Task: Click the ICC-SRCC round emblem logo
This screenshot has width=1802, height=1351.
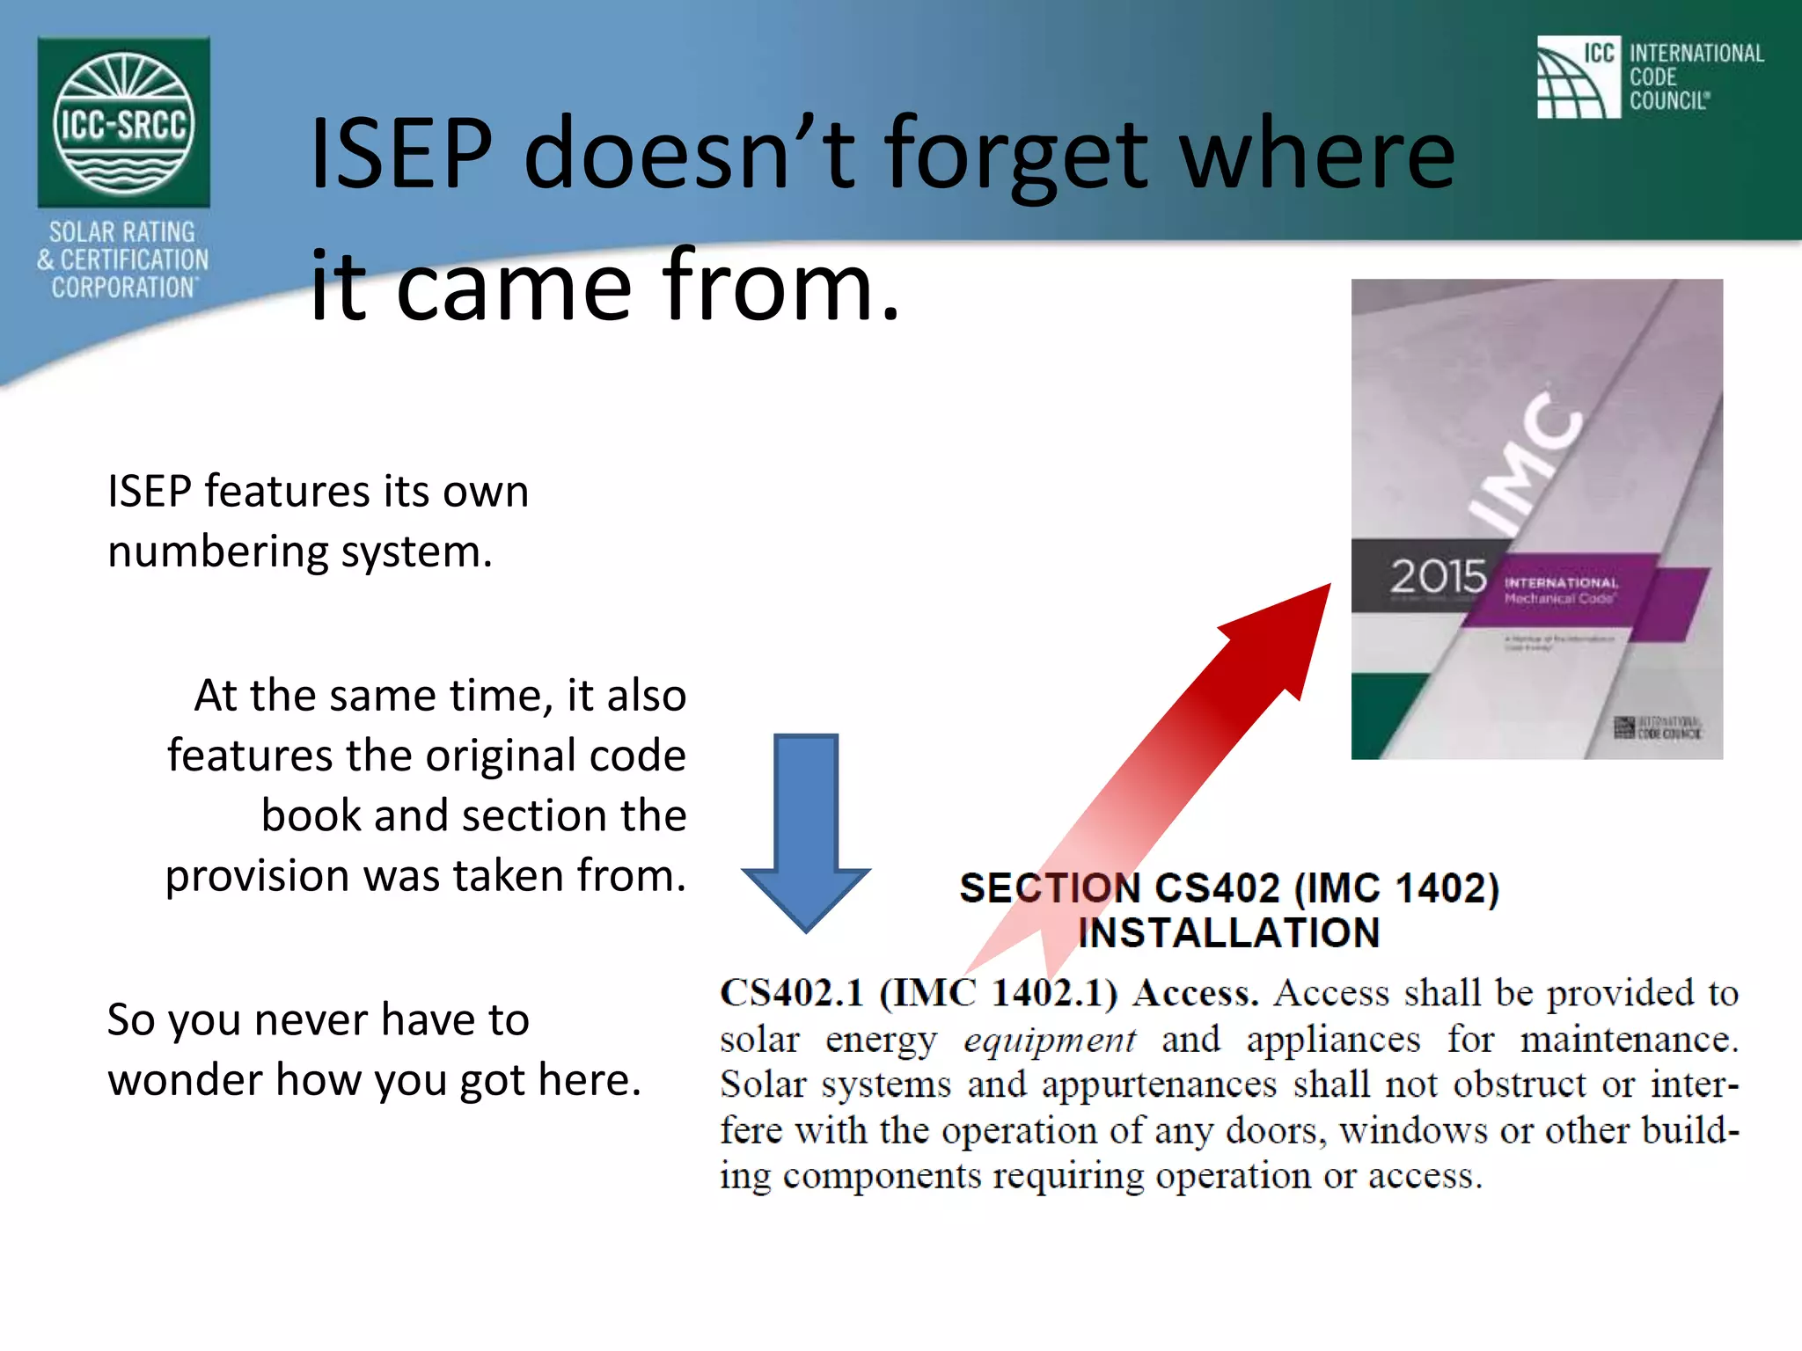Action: tap(123, 123)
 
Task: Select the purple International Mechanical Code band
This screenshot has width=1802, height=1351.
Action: tap(1575, 594)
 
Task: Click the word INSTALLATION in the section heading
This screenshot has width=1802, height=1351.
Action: tap(1228, 933)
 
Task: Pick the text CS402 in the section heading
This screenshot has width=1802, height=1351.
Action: tap(1215, 887)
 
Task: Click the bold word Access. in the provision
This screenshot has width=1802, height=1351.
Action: tap(1195, 994)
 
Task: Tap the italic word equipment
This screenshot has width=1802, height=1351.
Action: tap(1049, 1041)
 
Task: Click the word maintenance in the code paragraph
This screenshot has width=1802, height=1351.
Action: tap(1628, 1041)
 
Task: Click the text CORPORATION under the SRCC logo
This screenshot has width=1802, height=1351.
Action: tap(124, 288)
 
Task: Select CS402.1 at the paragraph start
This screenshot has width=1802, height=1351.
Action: tap(791, 994)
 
